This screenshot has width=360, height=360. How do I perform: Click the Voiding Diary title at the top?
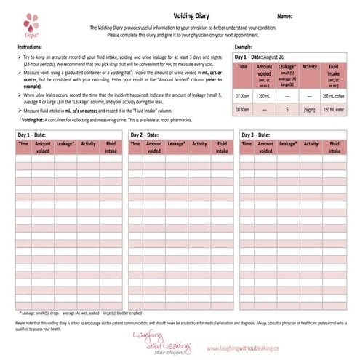coord(178,15)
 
